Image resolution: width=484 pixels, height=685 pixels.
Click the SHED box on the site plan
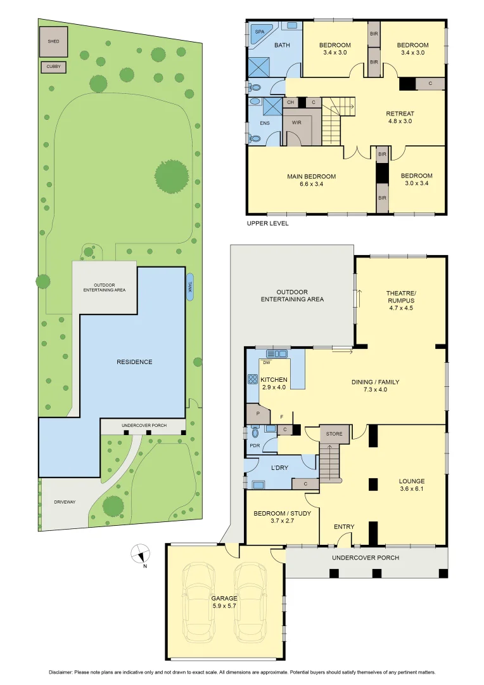pos(53,41)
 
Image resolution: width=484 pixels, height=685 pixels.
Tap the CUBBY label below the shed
pos(53,66)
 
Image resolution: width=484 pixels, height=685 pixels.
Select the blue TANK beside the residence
pos(190,287)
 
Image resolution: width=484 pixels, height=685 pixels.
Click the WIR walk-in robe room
pos(296,122)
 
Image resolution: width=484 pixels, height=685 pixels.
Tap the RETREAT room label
pos(399,114)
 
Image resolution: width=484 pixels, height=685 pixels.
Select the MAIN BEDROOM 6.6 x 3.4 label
pos(310,180)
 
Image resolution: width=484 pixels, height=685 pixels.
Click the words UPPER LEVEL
pos(267,223)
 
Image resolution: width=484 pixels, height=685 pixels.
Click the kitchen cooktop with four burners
pos(252,381)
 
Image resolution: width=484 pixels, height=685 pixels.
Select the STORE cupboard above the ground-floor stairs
pos(333,434)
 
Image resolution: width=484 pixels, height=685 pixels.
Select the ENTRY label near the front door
pos(344,526)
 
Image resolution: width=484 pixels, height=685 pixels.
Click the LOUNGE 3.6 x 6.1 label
pos(412,485)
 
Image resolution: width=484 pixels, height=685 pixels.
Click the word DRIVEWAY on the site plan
pos(63,502)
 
